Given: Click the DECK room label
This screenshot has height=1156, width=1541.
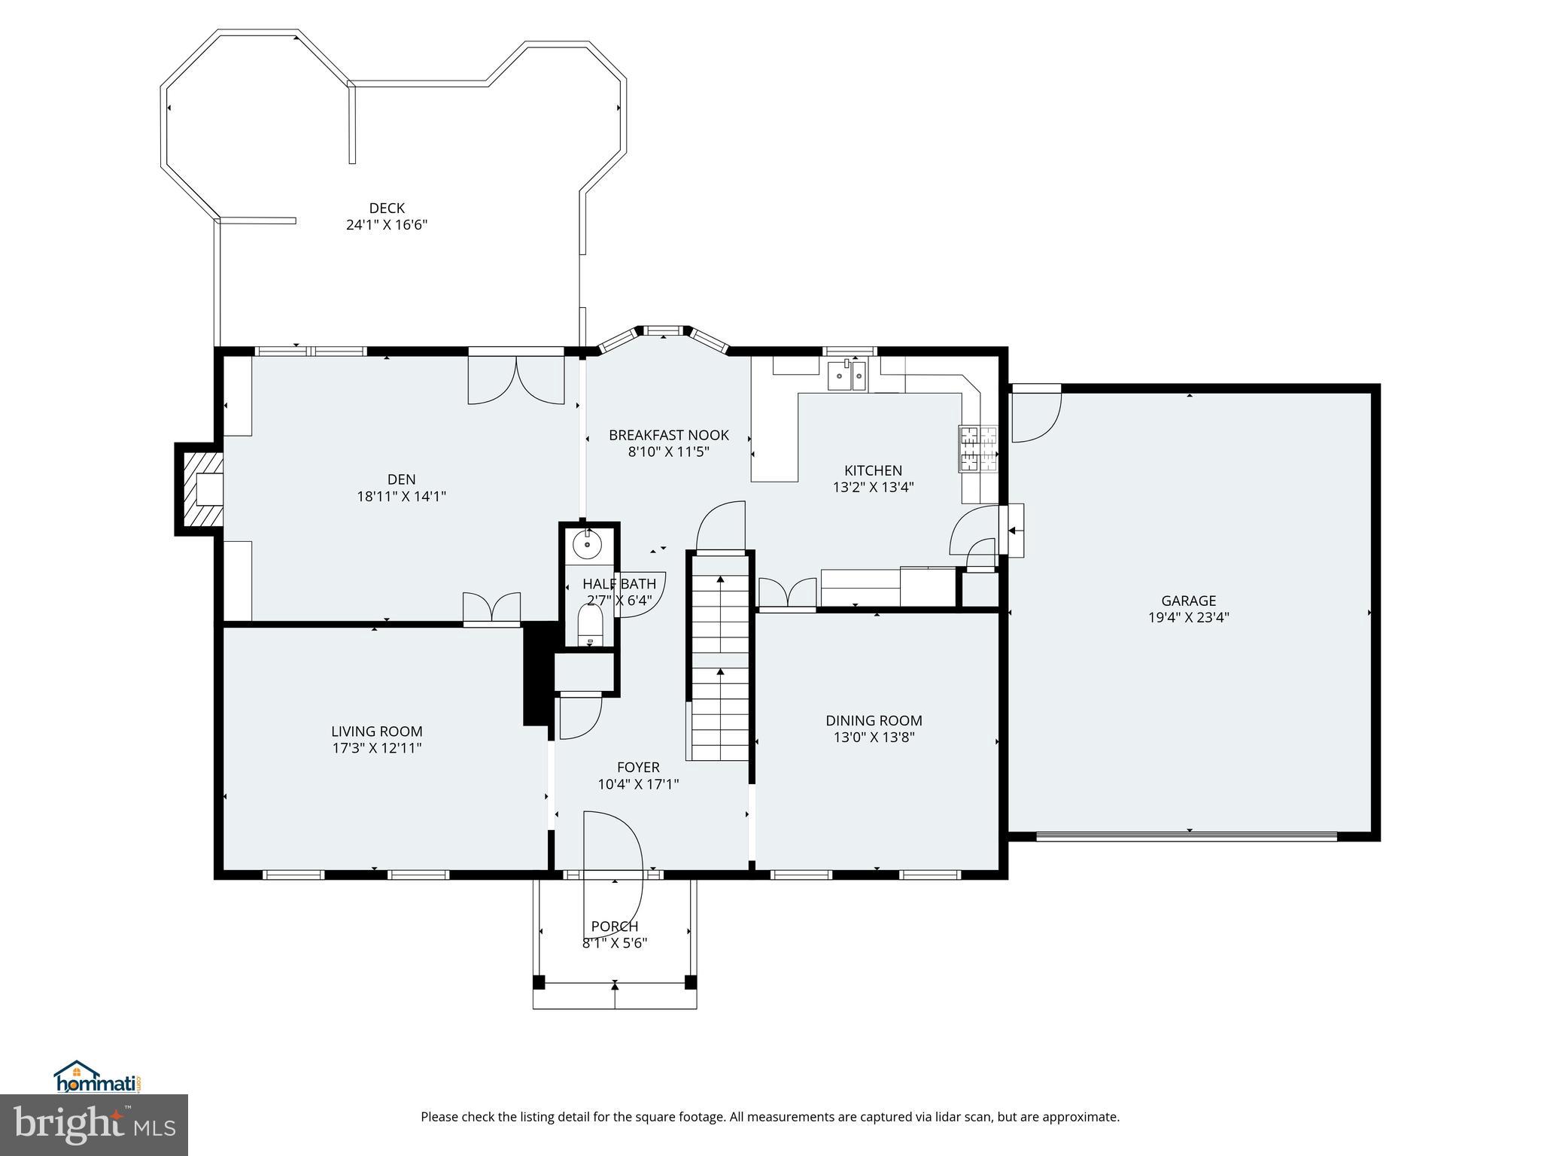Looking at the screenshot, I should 386,208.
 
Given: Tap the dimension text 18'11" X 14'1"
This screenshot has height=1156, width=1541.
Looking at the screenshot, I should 401,496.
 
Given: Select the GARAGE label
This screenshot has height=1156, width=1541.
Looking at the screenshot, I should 1188,601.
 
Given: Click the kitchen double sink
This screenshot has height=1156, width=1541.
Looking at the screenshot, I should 847,375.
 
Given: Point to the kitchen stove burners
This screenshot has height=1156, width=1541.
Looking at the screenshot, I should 977,449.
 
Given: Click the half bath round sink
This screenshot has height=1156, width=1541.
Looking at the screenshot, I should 588,543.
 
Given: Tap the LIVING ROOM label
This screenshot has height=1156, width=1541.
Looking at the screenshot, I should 376,731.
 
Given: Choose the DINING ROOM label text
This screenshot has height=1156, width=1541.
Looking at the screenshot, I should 874,720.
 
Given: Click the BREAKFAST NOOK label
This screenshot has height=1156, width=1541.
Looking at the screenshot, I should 668,435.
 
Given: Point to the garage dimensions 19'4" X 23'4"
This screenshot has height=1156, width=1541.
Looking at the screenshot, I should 1188,617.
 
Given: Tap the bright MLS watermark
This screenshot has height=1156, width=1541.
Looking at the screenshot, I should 94,1124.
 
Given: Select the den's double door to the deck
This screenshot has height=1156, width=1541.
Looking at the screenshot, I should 516,379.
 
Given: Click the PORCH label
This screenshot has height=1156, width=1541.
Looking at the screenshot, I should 614,926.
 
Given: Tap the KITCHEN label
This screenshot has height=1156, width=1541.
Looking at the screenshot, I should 873,470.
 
